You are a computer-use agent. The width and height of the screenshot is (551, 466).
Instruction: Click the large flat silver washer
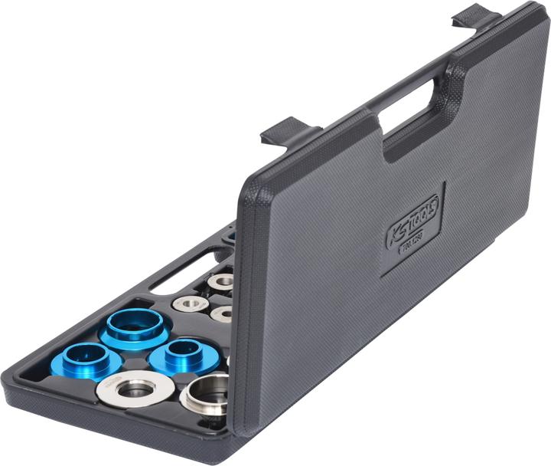click(x=135, y=389)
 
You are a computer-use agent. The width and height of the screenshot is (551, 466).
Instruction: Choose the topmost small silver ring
click(x=221, y=282)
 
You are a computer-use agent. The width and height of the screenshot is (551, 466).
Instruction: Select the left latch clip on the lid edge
click(x=289, y=131)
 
